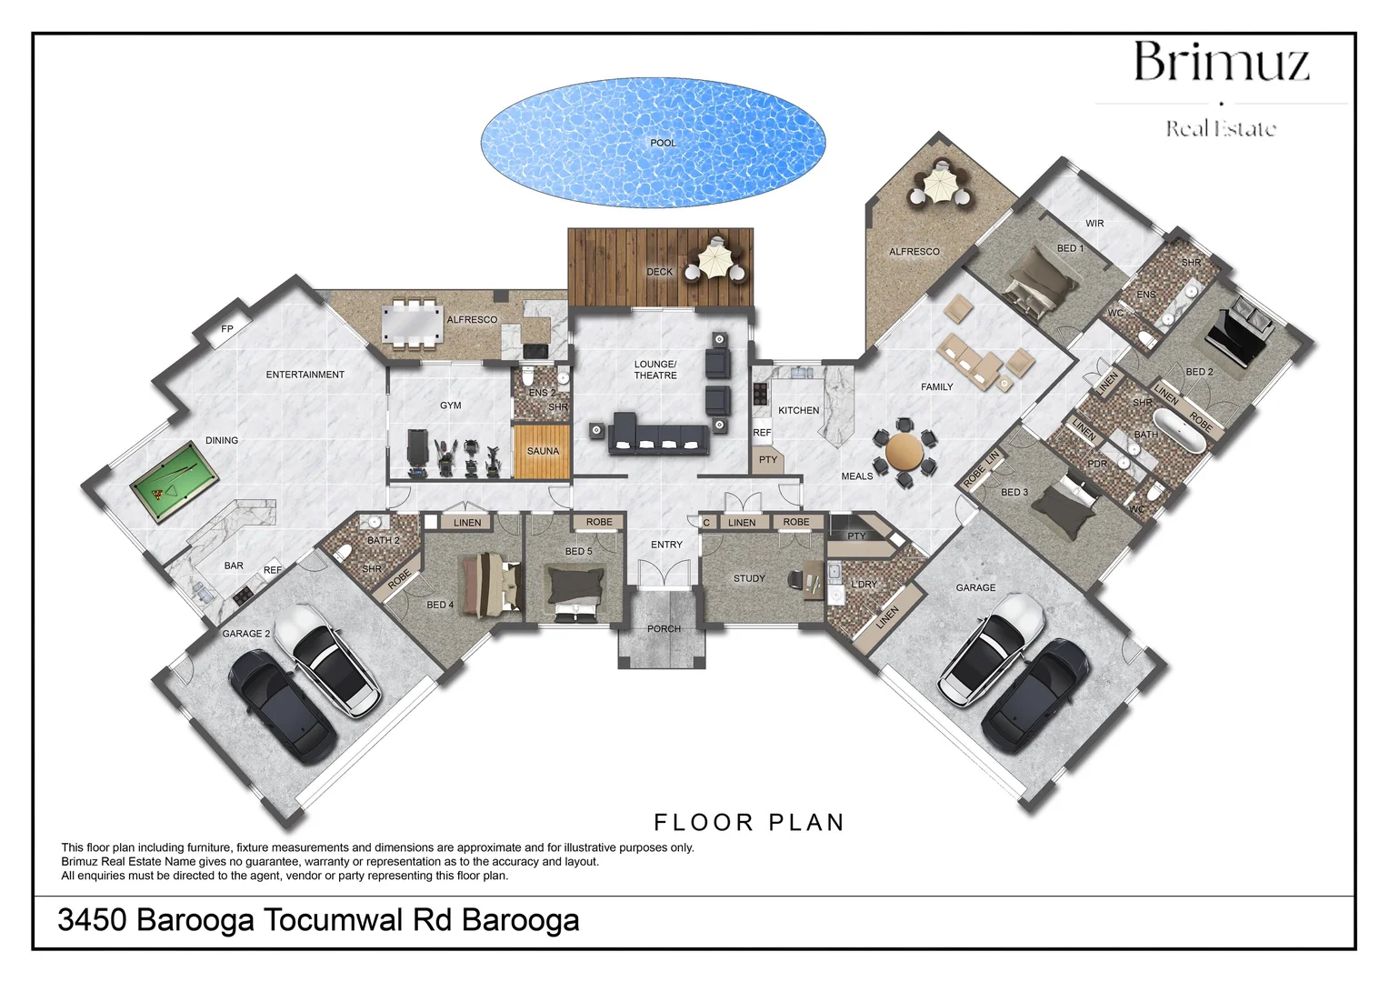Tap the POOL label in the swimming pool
click(x=663, y=143)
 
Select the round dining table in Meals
click(x=904, y=451)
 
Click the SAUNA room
click(x=543, y=451)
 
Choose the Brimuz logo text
click(x=1221, y=63)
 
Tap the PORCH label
click(x=664, y=629)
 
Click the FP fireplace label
click(x=227, y=329)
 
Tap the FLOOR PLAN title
click(x=750, y=823)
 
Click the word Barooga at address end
click(x=521, y=920)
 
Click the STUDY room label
click(x=749, y=578)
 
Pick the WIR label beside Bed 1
click(x=1094, y=224)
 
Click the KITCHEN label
click(x=798, y=411)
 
